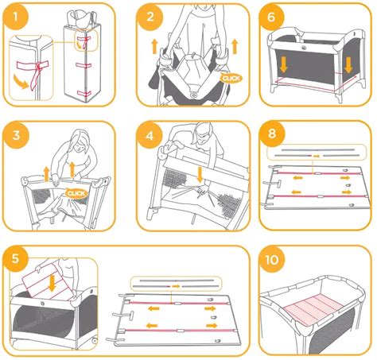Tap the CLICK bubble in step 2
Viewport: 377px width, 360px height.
point(231,79)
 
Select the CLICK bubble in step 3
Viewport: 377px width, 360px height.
point(76,193)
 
